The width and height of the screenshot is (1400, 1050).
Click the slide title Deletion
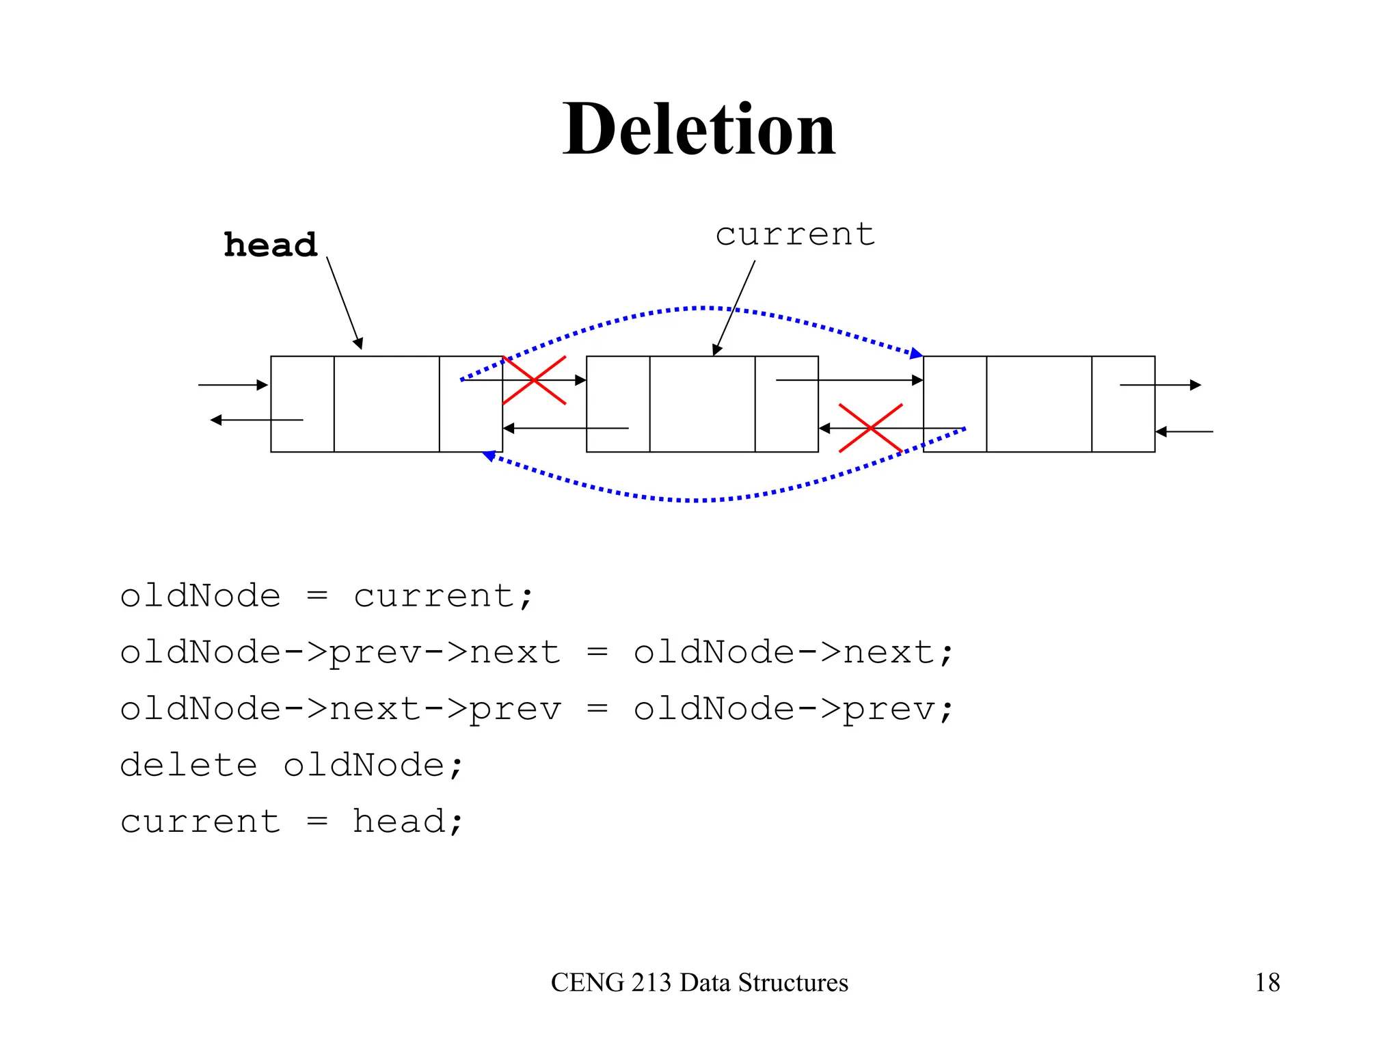pos(699,129)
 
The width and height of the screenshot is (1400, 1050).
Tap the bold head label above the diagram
pos(271,245)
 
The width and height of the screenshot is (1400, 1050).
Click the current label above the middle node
pos(795,234)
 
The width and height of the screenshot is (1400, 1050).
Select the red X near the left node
pos(534,380)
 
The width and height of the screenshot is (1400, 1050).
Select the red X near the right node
pos(870,429)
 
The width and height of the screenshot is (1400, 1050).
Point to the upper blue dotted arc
pos(704,308)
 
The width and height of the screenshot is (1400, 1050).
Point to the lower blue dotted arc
pos(704,500)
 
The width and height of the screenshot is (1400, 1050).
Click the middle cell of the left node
pos(386,403)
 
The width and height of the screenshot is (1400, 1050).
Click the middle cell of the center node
pos(702,403)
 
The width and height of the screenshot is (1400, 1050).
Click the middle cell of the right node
pos(1039,403)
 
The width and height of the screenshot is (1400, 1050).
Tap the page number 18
pos(1267,982)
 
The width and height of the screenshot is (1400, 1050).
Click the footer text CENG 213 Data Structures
pos(699,982)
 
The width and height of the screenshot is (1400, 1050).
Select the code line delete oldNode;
pos(292,765)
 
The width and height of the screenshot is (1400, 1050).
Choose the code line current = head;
pos(292,821)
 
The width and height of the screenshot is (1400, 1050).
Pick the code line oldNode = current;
pos(326,596)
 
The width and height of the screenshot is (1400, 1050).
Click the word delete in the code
pos(189,765)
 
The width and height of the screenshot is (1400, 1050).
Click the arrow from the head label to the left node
pos(344,303)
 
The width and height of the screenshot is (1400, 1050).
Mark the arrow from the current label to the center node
pos(734,308)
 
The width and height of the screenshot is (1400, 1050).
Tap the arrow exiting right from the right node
pos(1160,385)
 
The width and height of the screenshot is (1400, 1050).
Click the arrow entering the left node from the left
pos(232,385)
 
